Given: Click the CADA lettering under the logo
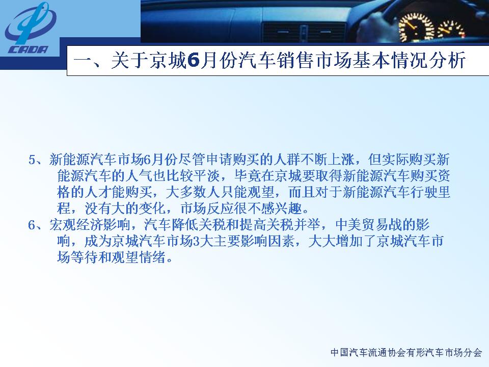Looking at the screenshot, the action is pos(29,49).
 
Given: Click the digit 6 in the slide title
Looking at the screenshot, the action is pos(194,60).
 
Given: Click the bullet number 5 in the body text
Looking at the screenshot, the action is pos(33,160).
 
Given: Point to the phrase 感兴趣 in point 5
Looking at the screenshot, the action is pos(282,208).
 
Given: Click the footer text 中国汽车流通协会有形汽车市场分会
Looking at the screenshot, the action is pos(406,353).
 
